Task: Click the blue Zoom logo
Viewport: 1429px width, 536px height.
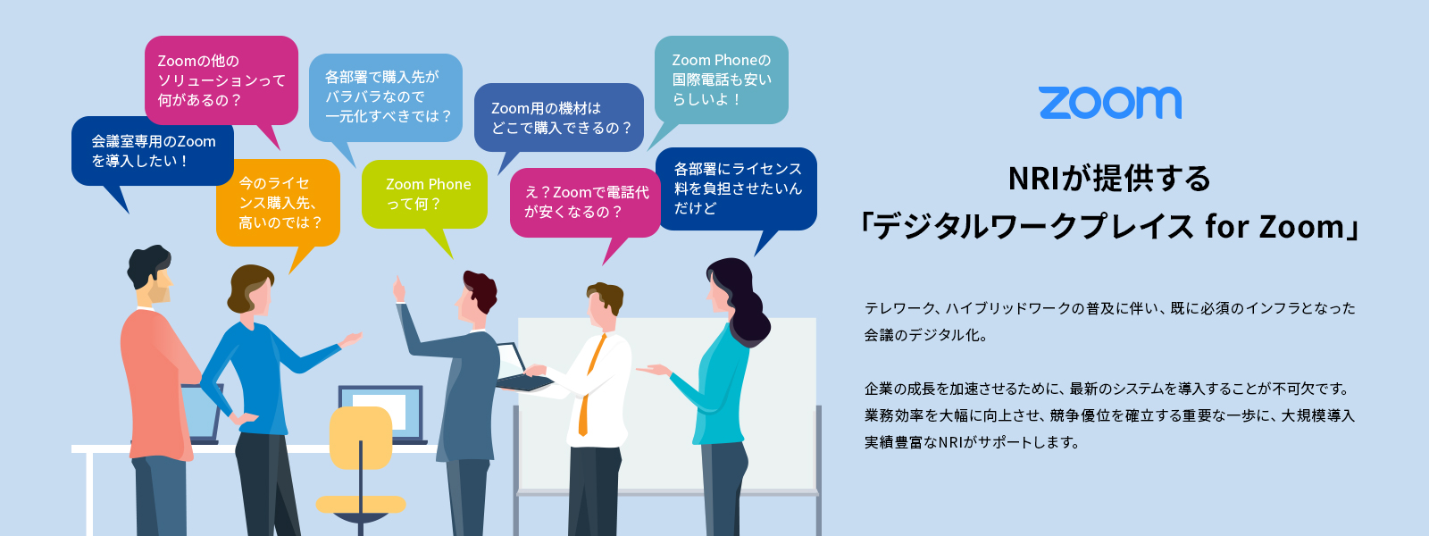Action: coord(1110,103)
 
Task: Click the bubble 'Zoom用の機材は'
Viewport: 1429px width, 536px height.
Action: coord(559,117)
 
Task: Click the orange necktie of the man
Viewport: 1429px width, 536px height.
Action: coord(590,385)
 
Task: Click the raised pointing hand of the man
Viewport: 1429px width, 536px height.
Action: coord(399,289)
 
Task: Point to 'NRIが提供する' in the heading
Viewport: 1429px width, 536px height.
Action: coord(1109,178)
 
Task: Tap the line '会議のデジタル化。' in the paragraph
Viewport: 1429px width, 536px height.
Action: coord(925,335)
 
